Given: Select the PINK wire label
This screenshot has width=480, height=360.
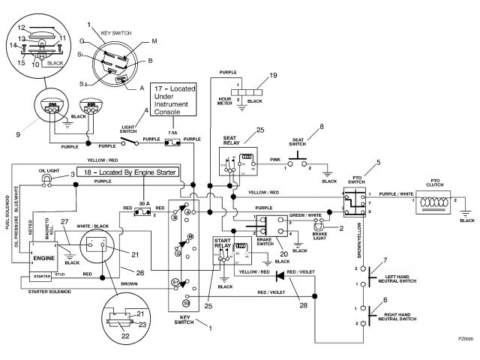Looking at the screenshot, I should point(275,160).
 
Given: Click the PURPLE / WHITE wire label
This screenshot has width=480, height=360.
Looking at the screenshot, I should point(396,194).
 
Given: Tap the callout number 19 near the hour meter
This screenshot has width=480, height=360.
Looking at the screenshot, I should point(273,76).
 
